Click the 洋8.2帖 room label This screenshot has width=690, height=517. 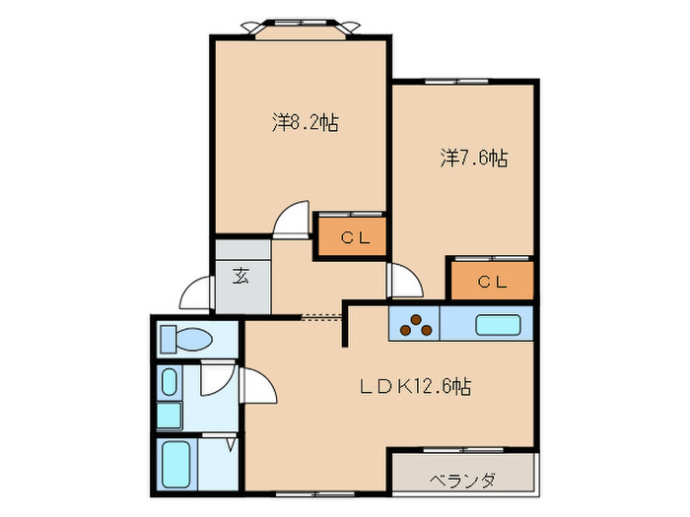[x=305, y=123]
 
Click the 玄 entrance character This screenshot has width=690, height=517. [x=241, y=276]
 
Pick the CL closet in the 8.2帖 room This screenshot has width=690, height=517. [x=351, y=237]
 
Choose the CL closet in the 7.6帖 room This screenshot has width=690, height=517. [x=490, y=281]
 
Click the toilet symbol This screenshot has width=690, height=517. [x=187, y=340]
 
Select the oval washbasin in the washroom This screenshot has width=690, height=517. [x=169, y=382]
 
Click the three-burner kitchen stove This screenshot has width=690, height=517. [x=415, y=323]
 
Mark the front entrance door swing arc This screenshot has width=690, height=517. [x=197, y=293]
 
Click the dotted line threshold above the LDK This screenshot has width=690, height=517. [x=321, y=317]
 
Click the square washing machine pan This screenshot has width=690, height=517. [x=169, y=415]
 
